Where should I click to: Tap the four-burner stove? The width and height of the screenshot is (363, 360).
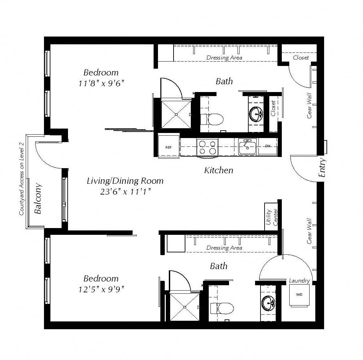[x=207, y=148]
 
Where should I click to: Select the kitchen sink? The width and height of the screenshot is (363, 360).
[x=248, y=146]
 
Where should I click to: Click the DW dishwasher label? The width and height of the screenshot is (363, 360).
[x=268, y=146]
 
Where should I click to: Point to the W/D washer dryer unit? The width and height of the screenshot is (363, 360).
[x=299, y=295]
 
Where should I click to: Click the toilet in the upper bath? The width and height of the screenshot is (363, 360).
[x=211, y=119]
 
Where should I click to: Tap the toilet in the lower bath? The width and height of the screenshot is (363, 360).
[x=222, y=308]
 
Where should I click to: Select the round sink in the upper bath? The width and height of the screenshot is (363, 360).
[x=256, y=114]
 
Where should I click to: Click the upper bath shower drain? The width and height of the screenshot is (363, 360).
[x=176, y=114]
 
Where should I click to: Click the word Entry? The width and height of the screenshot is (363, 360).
[x=322, y=167]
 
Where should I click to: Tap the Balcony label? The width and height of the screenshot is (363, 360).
[x=38, y=198]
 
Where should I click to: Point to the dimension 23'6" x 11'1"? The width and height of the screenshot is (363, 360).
[x=126, y=192]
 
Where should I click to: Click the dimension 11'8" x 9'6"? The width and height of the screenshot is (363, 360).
[x=101, y=83]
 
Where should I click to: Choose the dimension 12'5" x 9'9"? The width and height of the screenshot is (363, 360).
[x=101, y=289]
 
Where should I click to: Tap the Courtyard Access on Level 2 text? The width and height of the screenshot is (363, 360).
[x=22, y=179]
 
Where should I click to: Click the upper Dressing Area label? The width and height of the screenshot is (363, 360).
[x=224, y=58]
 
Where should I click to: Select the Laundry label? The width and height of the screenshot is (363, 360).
[x=299, y=280]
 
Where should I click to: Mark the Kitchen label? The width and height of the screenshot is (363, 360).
[x=219, y=171]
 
